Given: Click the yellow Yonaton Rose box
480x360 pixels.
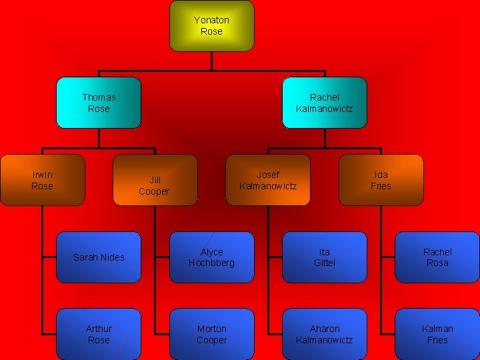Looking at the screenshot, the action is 211,26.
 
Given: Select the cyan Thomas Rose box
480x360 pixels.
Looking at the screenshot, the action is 99,103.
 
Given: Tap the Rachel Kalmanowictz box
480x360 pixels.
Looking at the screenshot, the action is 325,103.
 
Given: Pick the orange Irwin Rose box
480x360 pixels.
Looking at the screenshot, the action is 43,180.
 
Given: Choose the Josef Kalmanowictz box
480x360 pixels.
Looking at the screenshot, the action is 268,180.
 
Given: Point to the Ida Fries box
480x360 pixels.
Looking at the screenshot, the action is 381,180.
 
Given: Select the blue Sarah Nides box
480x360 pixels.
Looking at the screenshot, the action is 99,257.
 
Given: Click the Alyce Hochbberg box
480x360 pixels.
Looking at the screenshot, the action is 211,257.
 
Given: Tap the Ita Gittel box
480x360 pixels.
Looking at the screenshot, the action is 325,257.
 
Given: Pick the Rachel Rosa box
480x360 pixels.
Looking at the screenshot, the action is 437,257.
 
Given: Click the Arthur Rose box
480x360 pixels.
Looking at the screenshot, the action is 99,334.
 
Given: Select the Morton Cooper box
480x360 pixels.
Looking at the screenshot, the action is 211,334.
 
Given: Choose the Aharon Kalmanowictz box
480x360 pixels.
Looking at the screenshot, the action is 325,334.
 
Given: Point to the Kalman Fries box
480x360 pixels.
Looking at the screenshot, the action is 437,334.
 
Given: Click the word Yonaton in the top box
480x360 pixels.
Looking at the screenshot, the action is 211,21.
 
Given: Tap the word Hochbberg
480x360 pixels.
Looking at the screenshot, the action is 211,263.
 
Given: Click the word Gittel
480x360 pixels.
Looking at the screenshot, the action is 325,263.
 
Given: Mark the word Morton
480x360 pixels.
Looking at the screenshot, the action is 211,329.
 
